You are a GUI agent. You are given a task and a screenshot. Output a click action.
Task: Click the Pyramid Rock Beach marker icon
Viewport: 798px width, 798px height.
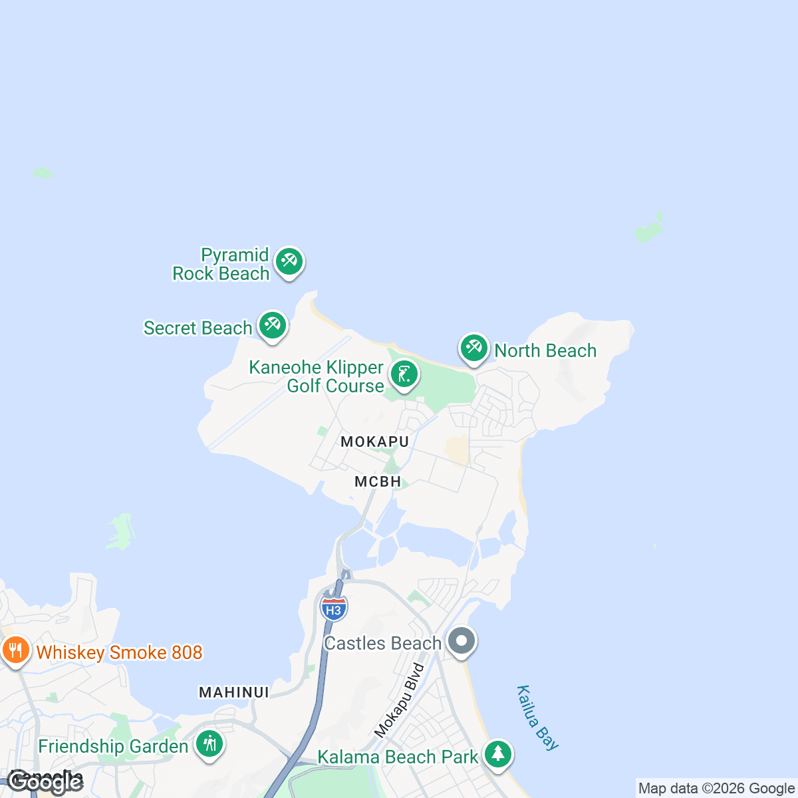289,262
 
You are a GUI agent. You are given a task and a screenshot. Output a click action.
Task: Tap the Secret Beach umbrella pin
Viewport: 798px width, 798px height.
272,325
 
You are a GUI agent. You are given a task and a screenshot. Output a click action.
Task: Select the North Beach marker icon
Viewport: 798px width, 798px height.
473,348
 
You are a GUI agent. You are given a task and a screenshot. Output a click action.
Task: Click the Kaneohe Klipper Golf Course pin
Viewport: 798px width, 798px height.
404,374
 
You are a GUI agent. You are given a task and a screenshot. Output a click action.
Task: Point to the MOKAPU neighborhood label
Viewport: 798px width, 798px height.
374,442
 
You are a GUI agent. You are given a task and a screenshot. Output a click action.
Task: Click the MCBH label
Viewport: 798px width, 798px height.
378,481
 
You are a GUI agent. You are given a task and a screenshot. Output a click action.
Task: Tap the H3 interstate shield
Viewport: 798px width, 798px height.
333,608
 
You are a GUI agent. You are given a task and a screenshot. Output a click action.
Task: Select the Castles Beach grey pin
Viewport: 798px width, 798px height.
462,641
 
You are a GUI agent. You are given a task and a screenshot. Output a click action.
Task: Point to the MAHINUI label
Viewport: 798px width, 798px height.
234,692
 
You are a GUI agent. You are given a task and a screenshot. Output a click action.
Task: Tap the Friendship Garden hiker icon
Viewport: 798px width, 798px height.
210,743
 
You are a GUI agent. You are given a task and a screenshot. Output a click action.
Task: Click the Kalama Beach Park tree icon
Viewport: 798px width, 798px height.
497,754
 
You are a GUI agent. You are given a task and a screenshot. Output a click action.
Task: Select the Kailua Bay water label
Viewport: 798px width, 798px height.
537,718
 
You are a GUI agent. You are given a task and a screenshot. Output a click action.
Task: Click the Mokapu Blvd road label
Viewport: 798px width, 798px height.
399,700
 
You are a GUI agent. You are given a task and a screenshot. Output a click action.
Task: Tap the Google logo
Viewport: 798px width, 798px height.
45,782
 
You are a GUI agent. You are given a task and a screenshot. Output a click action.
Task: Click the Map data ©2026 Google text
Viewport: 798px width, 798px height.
716,789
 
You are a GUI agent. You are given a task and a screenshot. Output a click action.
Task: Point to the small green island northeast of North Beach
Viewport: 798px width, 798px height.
649,229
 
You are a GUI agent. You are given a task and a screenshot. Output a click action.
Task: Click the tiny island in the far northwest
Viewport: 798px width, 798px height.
43,173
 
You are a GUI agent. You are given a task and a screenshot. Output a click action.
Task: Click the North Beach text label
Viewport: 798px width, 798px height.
545,351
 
